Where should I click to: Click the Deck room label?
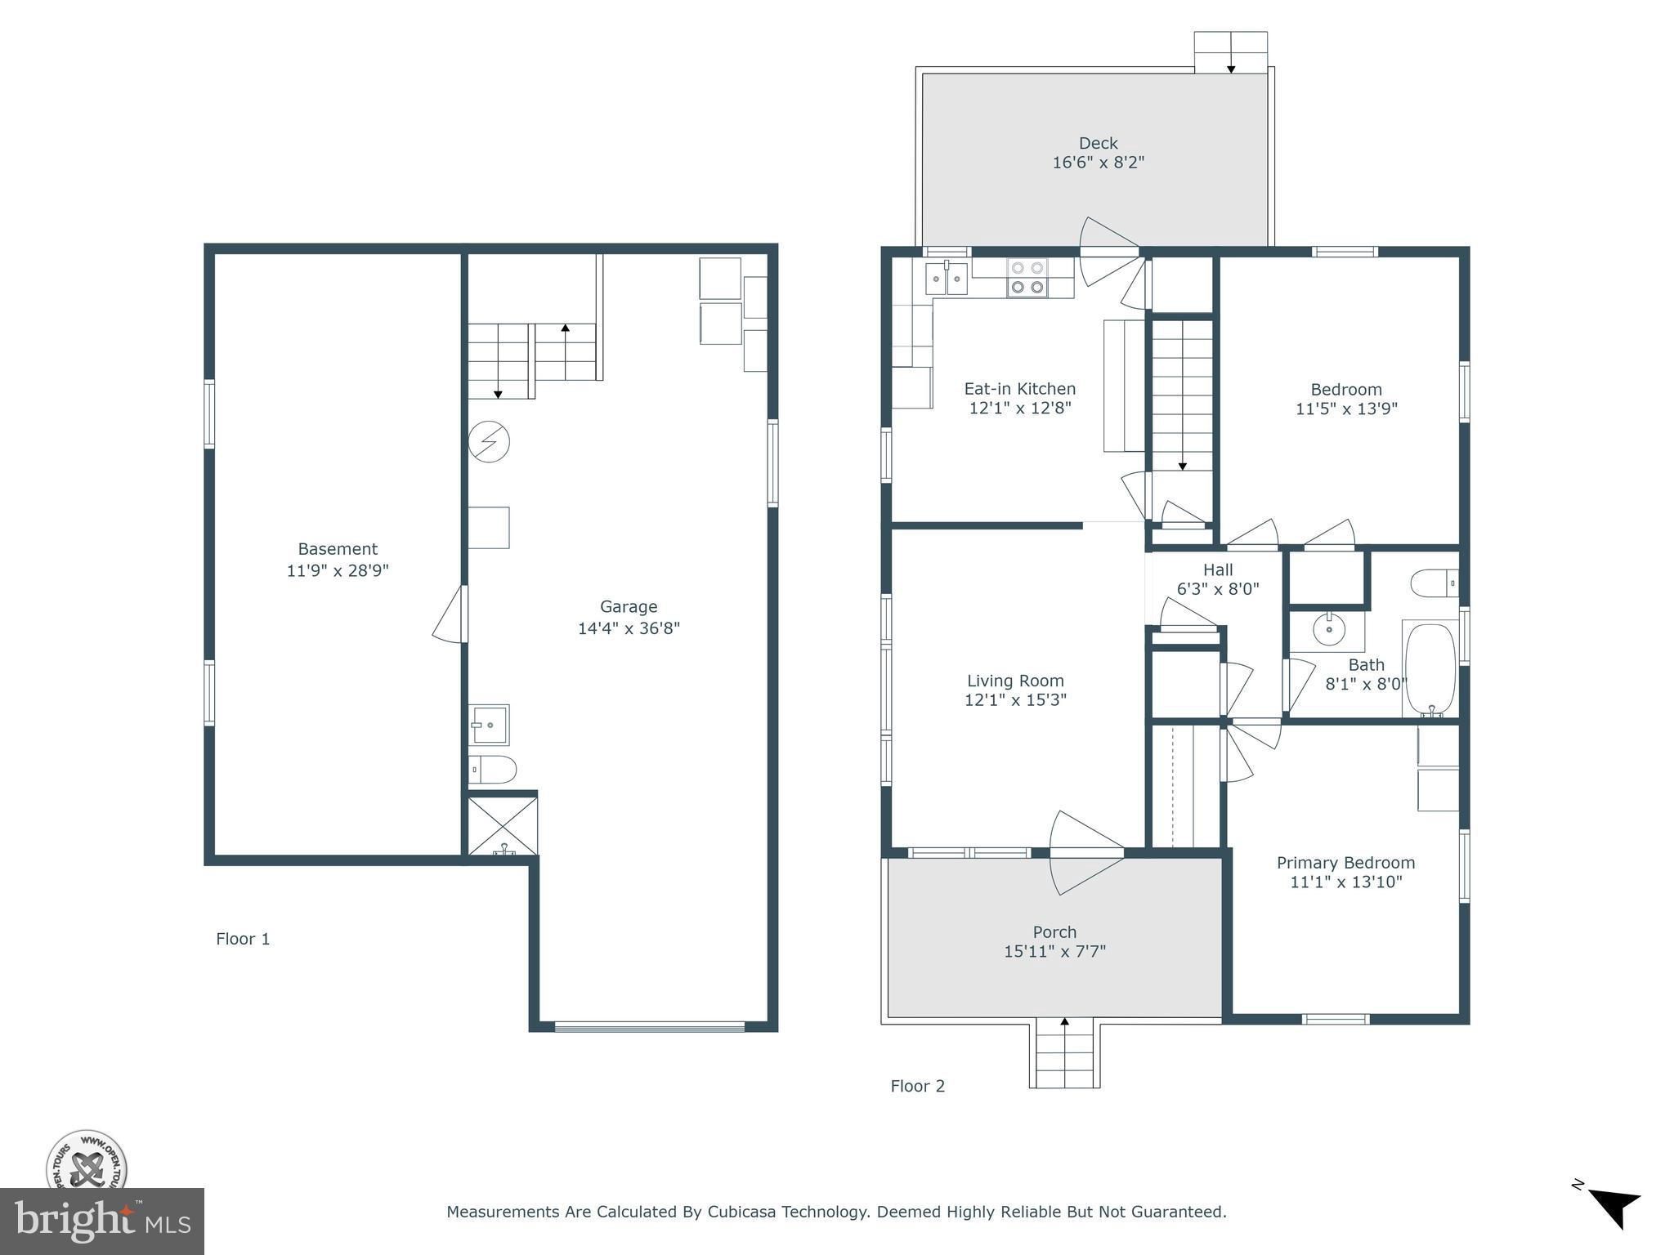coord(1098,143)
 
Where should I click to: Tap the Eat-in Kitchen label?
coord(1019,389)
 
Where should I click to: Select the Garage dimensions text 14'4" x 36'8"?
coord(629,628)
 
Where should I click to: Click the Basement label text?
coord(337,549)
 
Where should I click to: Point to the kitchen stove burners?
coord(1027,278)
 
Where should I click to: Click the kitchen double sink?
coord(947,278)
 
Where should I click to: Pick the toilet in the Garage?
coord(493,770)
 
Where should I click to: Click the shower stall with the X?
coord(503,826)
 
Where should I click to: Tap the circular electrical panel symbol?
coord(489,442)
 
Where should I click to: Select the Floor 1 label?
coord(243,939)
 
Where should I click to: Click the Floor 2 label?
coord(918,1086)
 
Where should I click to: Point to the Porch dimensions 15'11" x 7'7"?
coord(1054,952)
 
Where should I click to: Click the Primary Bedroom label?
coord(1345,863)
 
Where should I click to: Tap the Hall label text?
coord(1218,569)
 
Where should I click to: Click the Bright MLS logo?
coord(102,1222)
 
